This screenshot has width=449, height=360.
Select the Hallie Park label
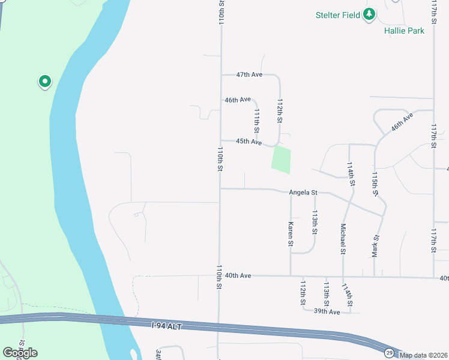[x=404, y=31]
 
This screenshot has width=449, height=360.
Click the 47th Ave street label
[x=249, y=75]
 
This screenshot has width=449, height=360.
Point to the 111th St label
[x=257, y=121]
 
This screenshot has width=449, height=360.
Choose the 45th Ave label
[x=249, y=142]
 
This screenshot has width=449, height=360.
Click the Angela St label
[x=303, y=193]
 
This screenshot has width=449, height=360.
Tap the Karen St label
[x=291, y=235]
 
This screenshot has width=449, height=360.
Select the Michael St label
[x=343, y=239]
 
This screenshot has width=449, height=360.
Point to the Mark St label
[x=376, y=247]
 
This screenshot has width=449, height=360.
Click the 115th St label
[x=375, y=184]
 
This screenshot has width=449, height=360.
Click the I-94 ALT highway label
[x=166, y=326]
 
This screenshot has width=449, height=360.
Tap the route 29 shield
[x=390, y=352]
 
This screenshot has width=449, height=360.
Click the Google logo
[x=20, y=352]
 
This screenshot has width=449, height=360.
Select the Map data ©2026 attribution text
[x=424, y=355]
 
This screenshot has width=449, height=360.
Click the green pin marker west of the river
[x=44, y=81]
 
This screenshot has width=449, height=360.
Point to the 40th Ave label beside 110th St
[x=238, y=275]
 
